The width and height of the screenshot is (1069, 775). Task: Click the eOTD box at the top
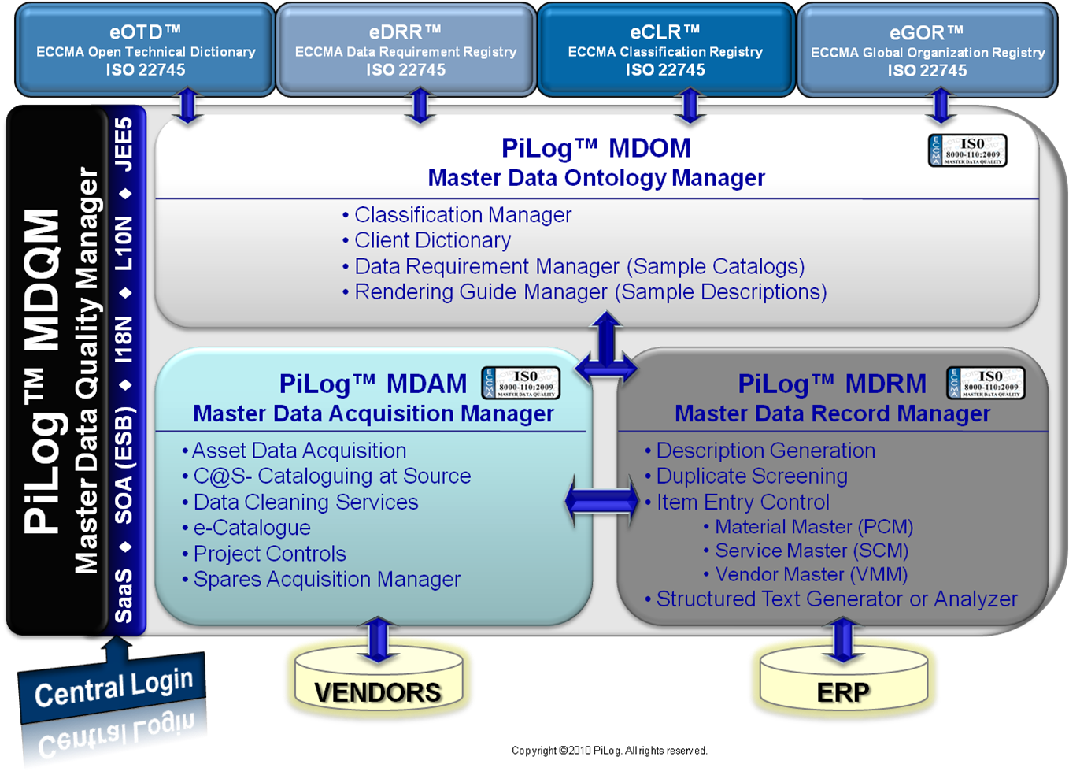pyautogui.click(x=146, y=50)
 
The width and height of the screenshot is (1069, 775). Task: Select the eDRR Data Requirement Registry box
pyautogui.click(x=405, y=50)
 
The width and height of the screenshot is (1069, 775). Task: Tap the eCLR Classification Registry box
pyautogui.click(x=665, y=50)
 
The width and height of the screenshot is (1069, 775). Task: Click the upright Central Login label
pyautogui.click(x=113, y=687)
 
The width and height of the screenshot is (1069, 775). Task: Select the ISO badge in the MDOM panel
pyautogui.click(x=967, y=150)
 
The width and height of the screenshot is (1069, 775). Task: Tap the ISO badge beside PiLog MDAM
pyautogui.click(x=521, y=383)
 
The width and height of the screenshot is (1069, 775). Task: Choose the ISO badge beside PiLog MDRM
pyautogui.click(x=986, y=383)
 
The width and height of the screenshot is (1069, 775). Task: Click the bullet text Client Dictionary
pyautogui.click(x=432, y=240)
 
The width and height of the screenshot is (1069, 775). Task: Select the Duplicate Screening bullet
pyautogui.click(x=752, y=476)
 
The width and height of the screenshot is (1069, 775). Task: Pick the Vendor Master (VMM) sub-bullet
pyautogui.click(x=811, y=574)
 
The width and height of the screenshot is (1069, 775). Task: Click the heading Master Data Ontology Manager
pyautogui.click(x=596, y=178)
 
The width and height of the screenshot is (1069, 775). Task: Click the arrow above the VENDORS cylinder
pyautogui.click(x=378, y=639)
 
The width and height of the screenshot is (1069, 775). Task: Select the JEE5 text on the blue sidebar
pyautogui.click(x=124, y=144)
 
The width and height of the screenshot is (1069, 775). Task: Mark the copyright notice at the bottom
pyautogui.click(x=609, y=751)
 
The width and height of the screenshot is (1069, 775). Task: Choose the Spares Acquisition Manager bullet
pyautogui.click(x=327, y=579)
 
